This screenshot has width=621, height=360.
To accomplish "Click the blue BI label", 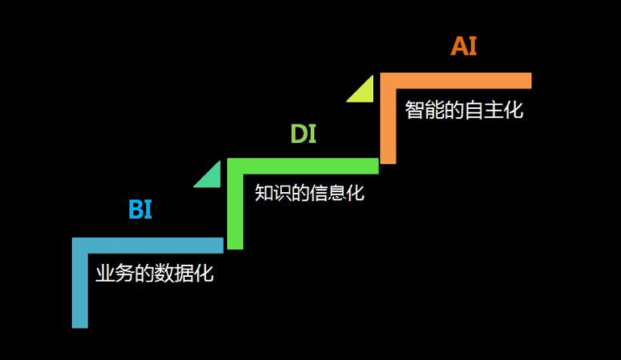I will tap(140, 210).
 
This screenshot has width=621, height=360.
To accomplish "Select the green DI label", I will tap(303, 133).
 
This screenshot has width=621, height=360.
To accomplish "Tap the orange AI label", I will tap(464, 46).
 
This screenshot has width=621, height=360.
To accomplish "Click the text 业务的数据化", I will tap(154, 273).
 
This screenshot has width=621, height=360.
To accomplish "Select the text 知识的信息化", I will tap(309, 193).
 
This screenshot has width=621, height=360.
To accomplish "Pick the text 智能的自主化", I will tap(464, 110).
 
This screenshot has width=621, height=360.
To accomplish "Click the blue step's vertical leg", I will tap(79, 291).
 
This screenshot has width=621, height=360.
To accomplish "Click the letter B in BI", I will tap(136, 210).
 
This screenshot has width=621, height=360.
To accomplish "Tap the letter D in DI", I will tap(298, 133).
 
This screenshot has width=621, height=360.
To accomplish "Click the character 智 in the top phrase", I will tap(415, 110).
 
